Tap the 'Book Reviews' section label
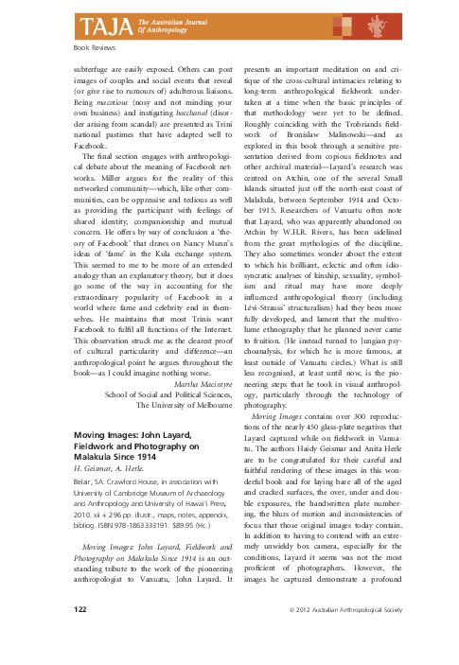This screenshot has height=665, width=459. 82,44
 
